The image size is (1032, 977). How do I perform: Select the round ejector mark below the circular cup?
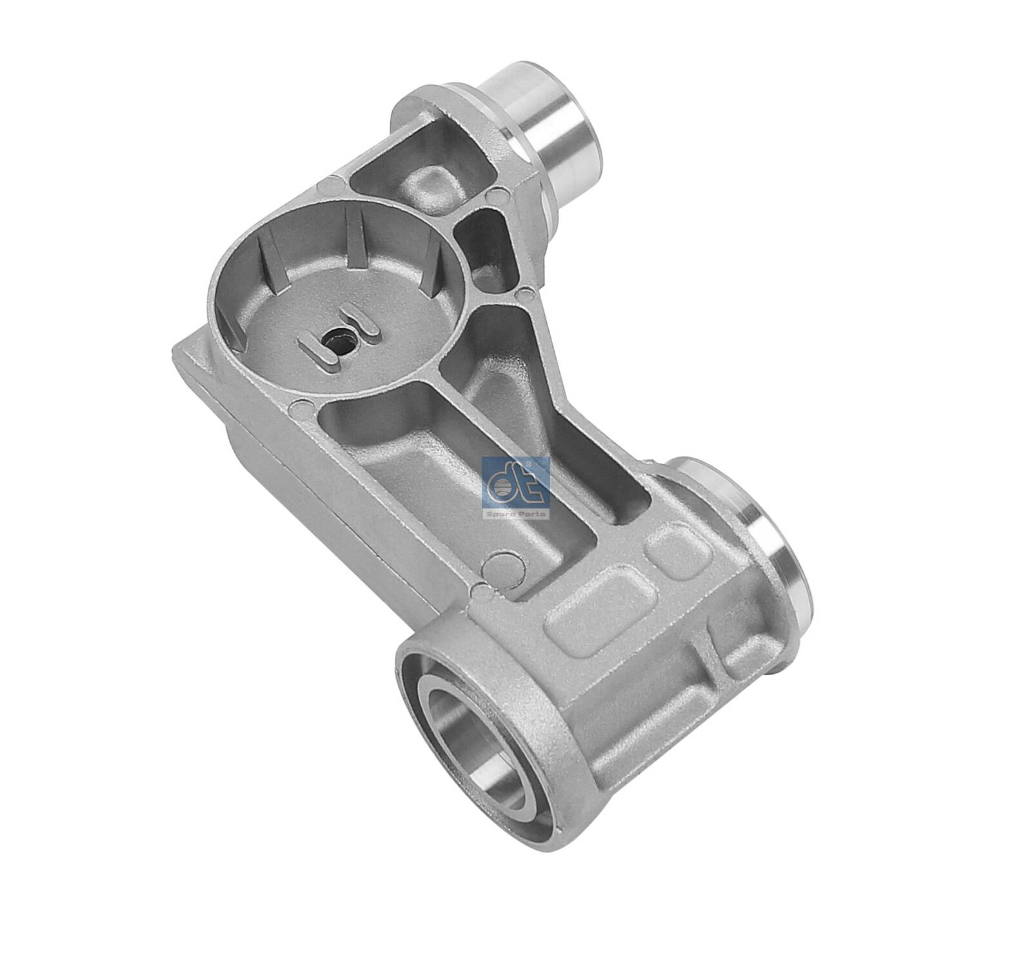[298, 407]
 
